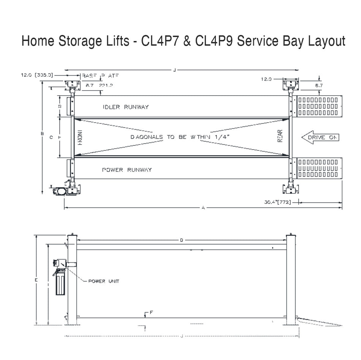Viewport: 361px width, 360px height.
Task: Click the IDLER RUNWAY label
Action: (x=125, y=107)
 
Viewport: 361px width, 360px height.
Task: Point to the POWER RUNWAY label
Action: (x=127, y=170)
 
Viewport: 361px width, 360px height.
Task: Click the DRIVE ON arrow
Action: (x=320, y=137)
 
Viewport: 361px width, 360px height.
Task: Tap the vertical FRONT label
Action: (x=80, y=137)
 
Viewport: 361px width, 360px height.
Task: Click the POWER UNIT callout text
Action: (x=104, y=281)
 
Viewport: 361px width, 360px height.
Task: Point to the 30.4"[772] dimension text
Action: (x=277, y=202)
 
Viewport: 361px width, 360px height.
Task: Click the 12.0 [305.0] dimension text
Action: (x=36, y=76)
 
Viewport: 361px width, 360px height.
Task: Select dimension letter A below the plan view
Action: (x=203, y=208)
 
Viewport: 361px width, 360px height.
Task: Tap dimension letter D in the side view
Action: (x=182, y=240)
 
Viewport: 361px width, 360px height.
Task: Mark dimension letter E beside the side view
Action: (x=36, y=280)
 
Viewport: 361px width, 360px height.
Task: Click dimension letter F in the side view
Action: (x=151, y=312)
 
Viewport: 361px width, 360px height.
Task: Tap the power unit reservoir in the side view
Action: (x=60, y=284)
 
